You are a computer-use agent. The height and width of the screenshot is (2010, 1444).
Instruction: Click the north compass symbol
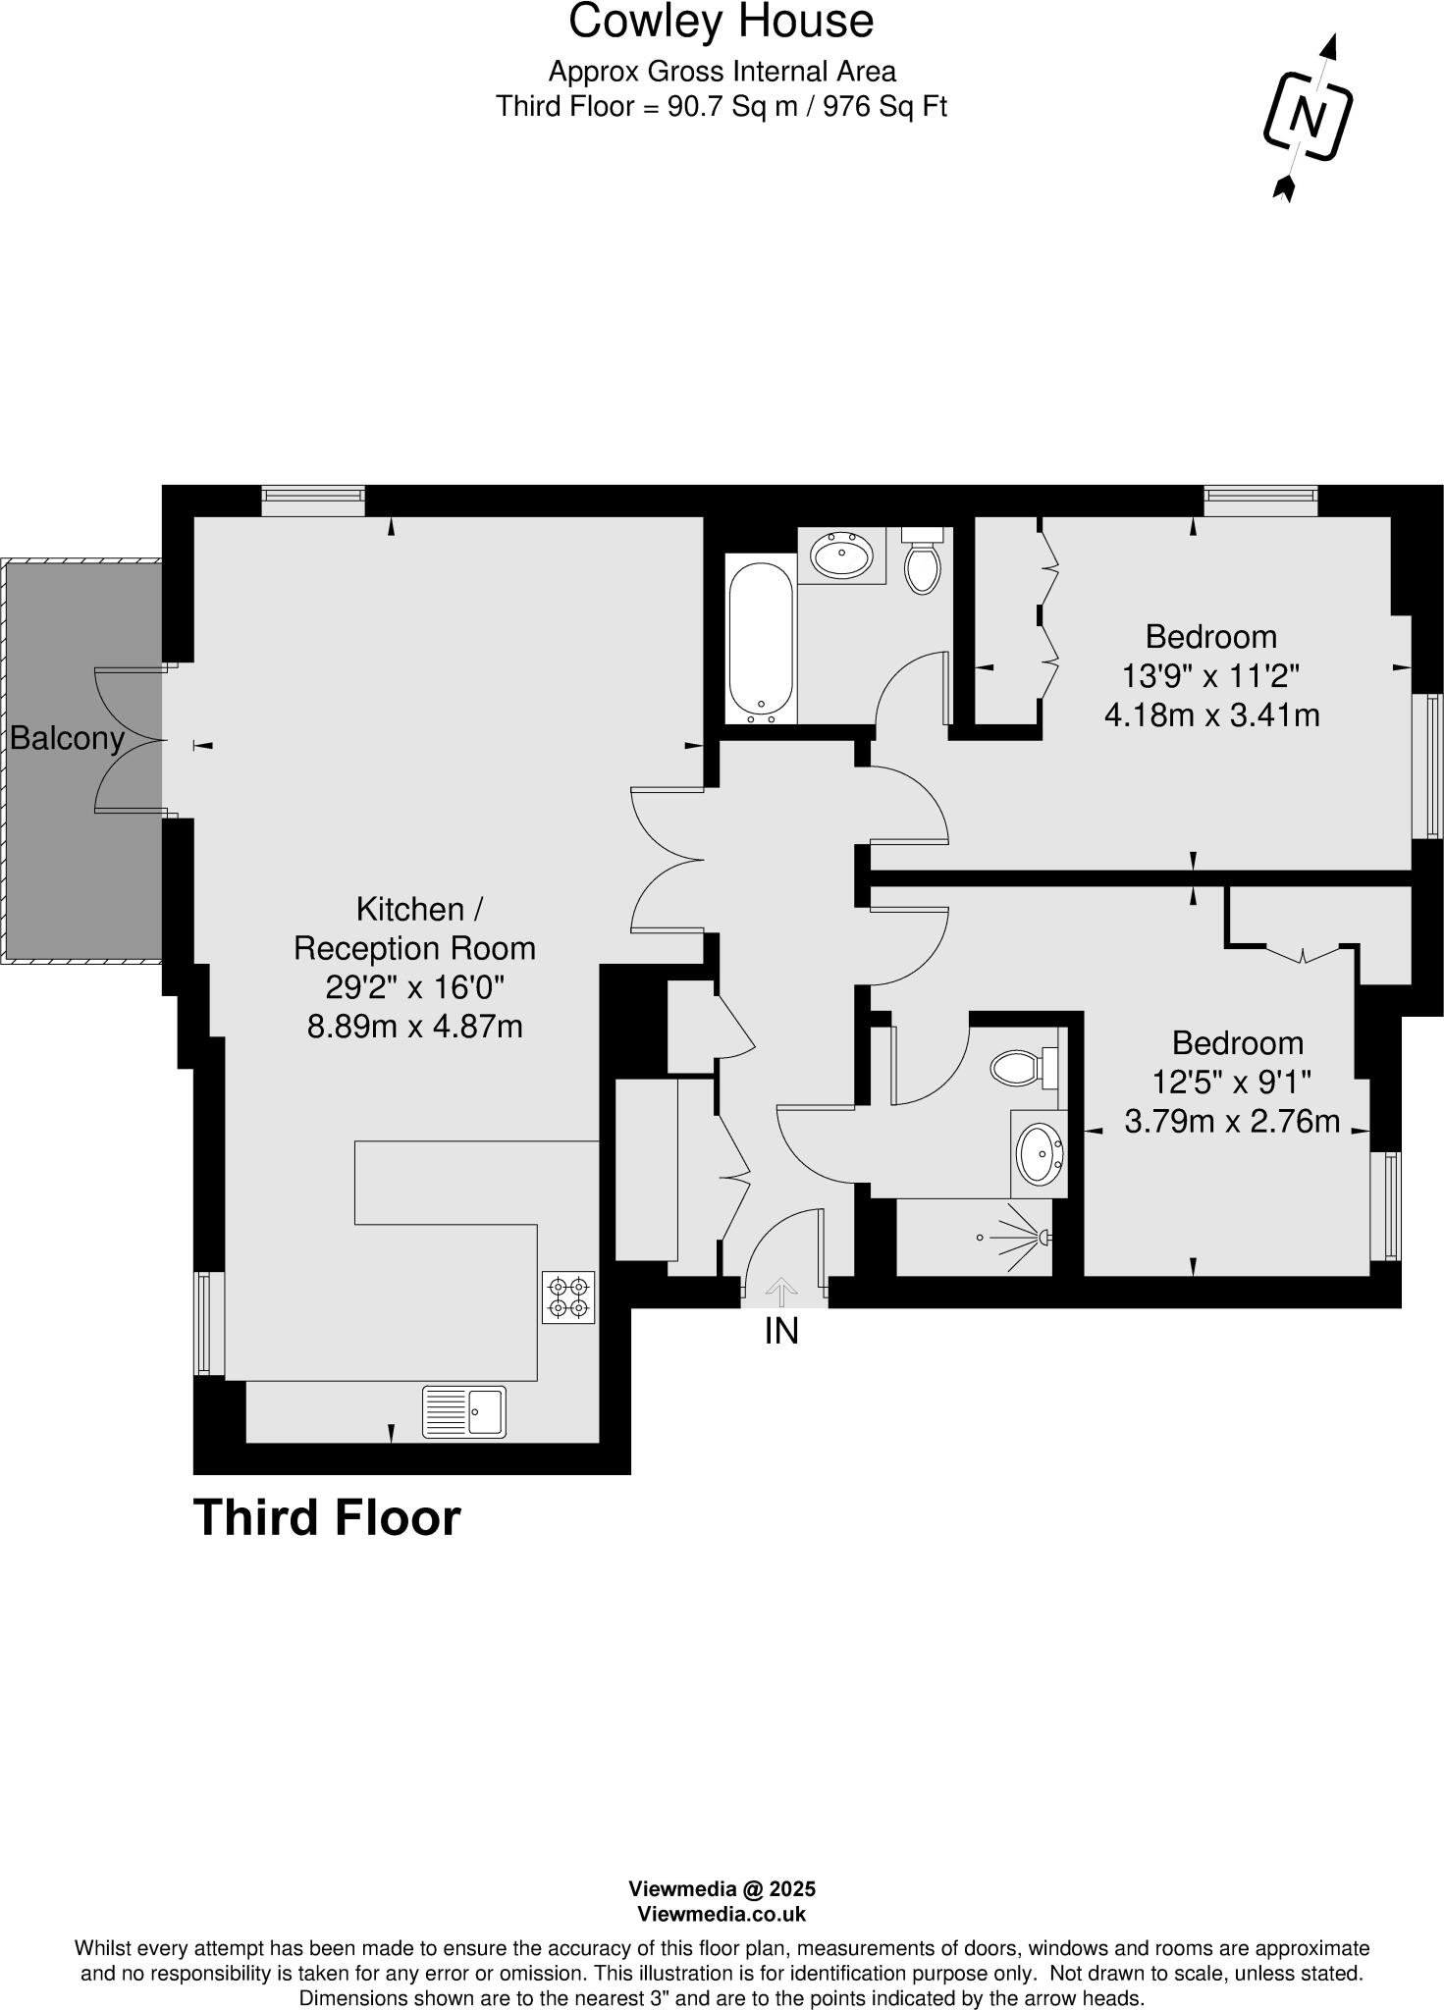coord(1307,117)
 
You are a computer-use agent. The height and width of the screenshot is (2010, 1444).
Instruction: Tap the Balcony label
coord(67,738)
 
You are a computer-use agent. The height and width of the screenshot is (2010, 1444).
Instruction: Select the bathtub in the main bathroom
coord(760,639)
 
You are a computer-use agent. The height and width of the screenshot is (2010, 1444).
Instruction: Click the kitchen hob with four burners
coord(568,1296)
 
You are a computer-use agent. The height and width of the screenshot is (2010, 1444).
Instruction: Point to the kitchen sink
coord(464,1411)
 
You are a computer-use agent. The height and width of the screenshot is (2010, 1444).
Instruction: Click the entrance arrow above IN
coord(781,1291)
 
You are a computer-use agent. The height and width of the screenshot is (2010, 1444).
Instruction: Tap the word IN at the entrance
coord(781,1331)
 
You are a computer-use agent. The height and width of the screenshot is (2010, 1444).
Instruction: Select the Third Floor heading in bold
coord(327,1517)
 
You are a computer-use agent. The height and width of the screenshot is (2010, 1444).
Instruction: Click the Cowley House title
coord(722,22)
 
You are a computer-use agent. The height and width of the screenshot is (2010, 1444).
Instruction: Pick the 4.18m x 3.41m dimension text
coord(1211,714)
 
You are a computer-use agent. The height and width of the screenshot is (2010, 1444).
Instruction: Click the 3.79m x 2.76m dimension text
coord(1232,1121)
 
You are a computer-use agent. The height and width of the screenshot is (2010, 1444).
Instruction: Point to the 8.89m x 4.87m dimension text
coord(414,1027)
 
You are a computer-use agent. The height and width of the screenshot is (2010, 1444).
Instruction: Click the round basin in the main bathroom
coord(841,555)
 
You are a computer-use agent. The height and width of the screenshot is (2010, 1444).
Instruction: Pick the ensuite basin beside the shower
coord(1038,1153)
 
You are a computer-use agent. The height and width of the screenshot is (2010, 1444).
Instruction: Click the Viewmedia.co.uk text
coord(722,1914)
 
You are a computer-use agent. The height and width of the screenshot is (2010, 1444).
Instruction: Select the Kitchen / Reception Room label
coord(414,928)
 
